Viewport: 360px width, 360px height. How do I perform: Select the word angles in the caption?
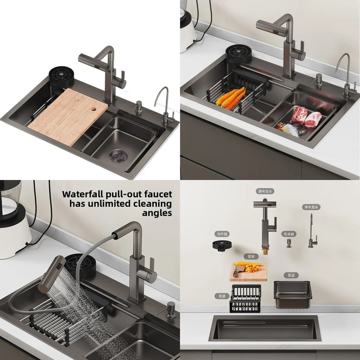[x=157, y=213]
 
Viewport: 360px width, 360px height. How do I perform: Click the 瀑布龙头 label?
[x=265, y=191]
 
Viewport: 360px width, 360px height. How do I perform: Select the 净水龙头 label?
[x=311, y=207]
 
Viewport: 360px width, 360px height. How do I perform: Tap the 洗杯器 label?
[x=222, y=234]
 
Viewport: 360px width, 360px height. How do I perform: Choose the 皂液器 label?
[x=289, y=234]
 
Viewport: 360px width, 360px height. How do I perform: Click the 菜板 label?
[x=251, y=257]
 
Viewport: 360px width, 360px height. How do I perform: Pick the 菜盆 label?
[x=291, y=275]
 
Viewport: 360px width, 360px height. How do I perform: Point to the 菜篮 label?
[x=222, y=296]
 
